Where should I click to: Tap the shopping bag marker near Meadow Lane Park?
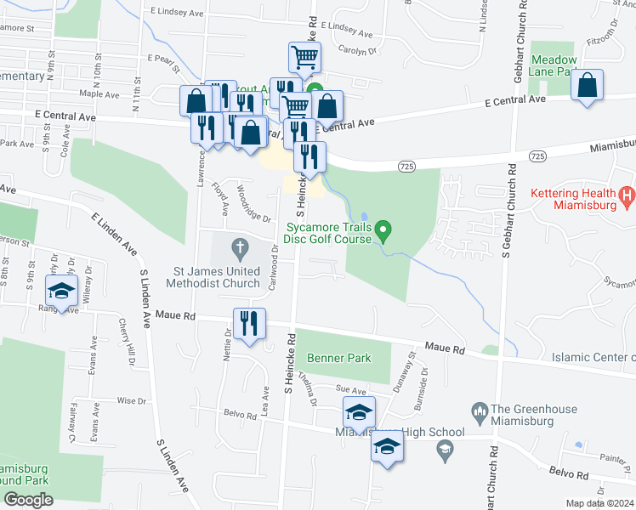pyautogui.click(x=587, y=85)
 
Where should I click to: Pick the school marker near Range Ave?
pyautogui.click(x=60, y=291)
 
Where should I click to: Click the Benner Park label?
pyautogui.click(x=339, y=358)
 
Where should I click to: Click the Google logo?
pyautogui.click(x=28, y=499)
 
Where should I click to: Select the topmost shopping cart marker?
pyautogui.click(x=304, y=58)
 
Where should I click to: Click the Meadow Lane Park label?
pyautogui.click(x=554, y=66)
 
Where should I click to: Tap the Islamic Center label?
pyautogui.click(x=593, y=356)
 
